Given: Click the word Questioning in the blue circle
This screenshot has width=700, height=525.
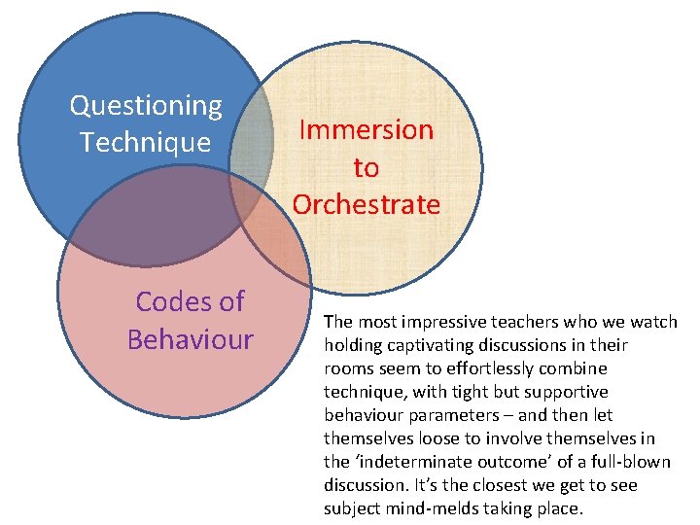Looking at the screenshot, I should tap(146, 105).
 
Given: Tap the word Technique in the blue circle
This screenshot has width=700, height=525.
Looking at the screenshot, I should tap(146, 143).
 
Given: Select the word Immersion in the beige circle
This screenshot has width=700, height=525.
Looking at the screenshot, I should tap(366, 130).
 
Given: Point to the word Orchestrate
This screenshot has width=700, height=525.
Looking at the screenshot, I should tap(366, 205).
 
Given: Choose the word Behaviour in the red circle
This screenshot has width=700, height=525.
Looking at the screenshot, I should tap(190, 340).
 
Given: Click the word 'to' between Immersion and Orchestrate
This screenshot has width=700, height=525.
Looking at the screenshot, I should tap(366, 168).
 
